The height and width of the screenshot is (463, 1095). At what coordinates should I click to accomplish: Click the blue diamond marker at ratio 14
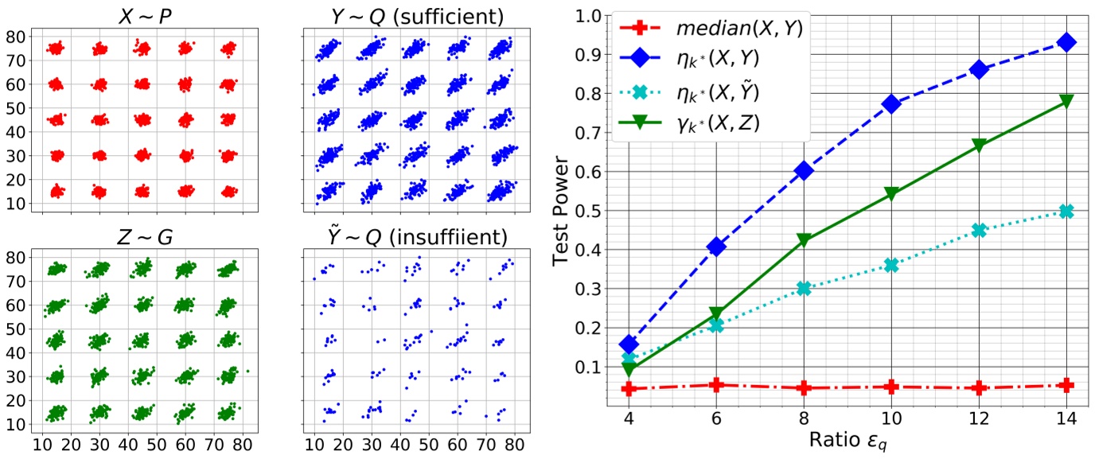(1066, 41)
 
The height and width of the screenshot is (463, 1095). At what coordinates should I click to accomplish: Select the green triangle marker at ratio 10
(891, 194)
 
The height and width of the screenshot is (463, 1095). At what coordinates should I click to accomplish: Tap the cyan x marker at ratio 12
(979, 231)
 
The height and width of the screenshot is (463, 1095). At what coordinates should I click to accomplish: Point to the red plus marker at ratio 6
(716, 385)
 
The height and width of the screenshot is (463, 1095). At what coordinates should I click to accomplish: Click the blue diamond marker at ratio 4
(629, 344)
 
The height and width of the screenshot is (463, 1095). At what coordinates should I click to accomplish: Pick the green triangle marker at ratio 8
(804, 240)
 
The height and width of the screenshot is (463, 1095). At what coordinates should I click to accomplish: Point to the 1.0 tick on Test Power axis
(589, 16)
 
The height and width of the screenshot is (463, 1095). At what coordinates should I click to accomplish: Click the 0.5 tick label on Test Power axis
(589, 211)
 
